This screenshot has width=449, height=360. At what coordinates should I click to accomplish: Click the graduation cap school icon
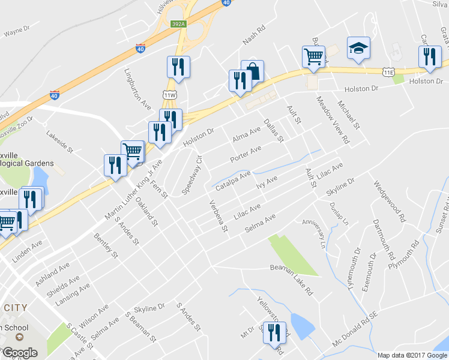pos(358,49)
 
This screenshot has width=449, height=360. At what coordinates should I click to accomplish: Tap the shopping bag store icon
pos(253,71)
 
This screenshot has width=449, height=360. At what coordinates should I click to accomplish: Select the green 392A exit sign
pos(177,25)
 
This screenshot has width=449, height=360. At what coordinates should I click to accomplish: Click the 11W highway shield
pos(169,95)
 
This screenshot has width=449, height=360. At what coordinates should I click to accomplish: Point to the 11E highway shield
pos(389,72)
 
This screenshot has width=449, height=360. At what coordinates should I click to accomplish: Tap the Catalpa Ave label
pos(233,179)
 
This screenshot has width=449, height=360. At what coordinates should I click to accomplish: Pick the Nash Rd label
pos(254,35)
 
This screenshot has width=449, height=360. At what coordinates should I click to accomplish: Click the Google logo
pos(20,353)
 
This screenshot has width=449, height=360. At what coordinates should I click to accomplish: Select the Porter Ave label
pos(246,155)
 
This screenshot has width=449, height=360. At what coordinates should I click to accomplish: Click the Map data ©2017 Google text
pos(411,355)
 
